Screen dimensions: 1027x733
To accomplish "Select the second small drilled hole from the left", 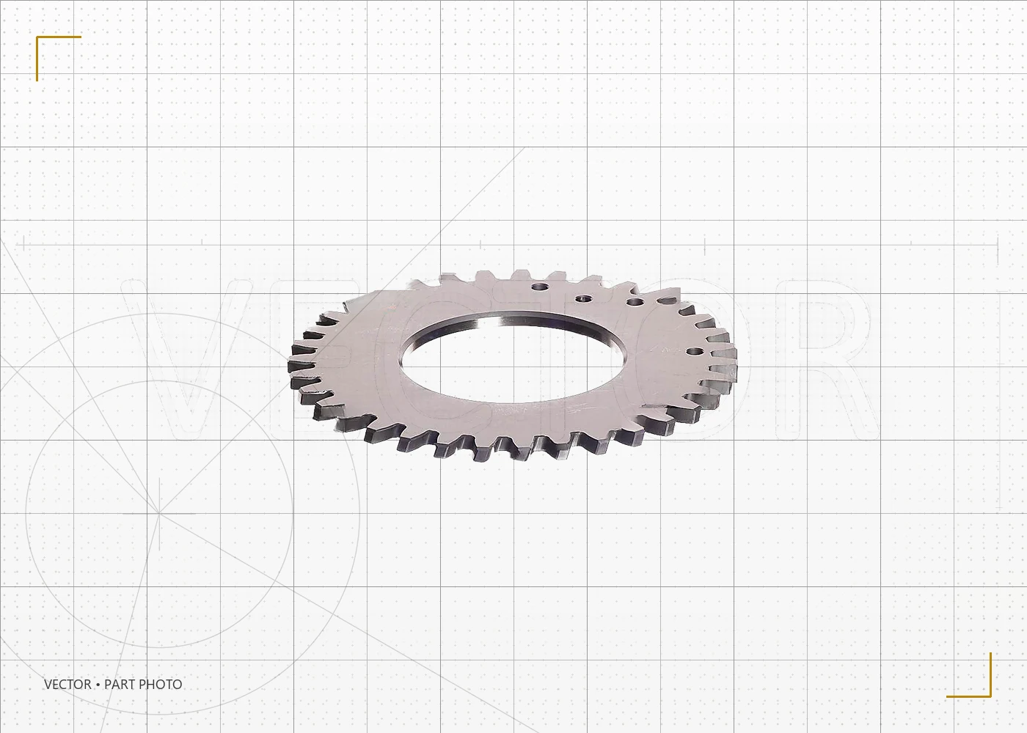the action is click(x=584, y=299).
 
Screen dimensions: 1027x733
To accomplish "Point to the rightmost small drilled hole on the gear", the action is click(x=696, y=352).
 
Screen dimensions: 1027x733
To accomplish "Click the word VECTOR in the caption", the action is click(x=67, y=685).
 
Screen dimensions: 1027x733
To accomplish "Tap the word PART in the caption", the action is click(x=120, y=685).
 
